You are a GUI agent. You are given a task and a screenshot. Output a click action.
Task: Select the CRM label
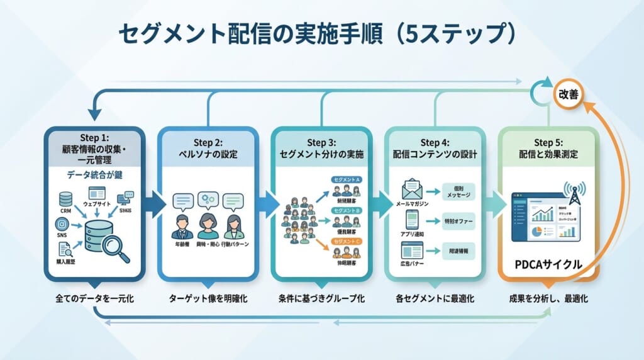66,212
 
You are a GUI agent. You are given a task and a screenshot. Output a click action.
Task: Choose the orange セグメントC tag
346,241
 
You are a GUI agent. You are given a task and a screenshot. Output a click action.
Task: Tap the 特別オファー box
458,221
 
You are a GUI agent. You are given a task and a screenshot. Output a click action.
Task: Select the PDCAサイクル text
548,265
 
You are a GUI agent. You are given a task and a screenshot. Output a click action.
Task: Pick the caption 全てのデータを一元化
95,298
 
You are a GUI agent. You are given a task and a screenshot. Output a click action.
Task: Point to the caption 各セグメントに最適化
435,298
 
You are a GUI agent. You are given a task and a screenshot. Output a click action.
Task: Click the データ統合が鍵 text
95,174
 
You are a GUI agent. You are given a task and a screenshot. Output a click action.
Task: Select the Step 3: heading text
322,143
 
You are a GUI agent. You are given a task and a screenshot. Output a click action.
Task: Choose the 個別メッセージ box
458,191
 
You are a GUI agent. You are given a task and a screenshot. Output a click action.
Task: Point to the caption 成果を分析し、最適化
548,298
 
